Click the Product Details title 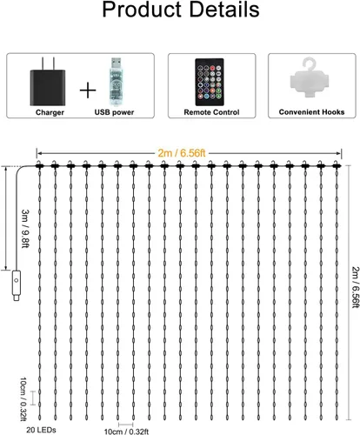point(181,10)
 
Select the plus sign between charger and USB point(88,90)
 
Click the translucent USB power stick point(117,82)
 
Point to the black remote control point(210,82)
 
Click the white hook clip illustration point(310,78)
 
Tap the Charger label point(50,112)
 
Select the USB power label point(114,112)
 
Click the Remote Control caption point(211,112)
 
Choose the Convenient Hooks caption point(311,112)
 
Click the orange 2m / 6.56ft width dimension point(182,152)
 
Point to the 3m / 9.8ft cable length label point(25,229)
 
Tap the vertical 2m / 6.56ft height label point(356,287)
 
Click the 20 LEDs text point(41,430)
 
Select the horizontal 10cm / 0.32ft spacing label point(126,432)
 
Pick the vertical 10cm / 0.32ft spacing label point(23,399)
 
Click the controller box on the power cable point(17,281)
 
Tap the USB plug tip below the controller point(17,297)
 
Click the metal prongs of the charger point(48,64)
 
